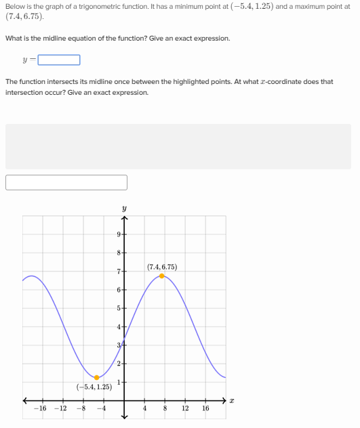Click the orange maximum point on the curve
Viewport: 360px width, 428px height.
click(x=161, y=276)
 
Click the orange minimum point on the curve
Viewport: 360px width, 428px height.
click(x=96, y=377)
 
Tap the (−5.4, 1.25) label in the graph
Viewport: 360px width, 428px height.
click(x=94, y=387)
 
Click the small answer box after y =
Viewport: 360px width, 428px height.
click(x=59, y=60)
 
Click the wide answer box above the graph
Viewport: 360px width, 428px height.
click(x=66, y=182)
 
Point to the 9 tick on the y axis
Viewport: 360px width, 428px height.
click(x=119, y=234)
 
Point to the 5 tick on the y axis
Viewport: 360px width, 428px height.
click(x=119, y=308)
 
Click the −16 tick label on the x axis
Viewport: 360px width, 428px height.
click(x=41, y=408)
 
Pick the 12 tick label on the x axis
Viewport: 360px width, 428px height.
click(x=185, y=408)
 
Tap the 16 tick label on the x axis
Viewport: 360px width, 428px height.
click(x=205, y=408)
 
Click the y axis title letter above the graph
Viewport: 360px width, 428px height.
click(x=124, y=209)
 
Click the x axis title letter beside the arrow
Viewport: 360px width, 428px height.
click(x=232, y=401)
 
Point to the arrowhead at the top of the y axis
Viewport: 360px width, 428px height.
click(x=124, y=218)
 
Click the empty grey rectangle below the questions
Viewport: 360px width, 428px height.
click(x=178, y=146)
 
